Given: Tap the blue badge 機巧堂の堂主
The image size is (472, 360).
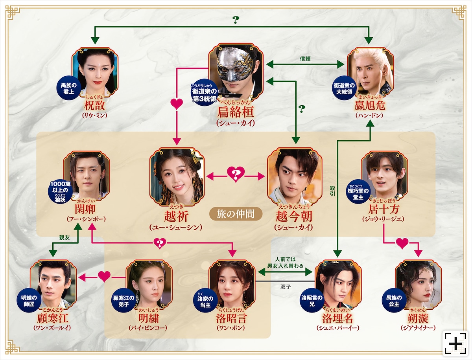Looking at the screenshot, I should [358, 192].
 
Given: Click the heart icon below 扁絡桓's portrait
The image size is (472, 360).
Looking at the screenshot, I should [177, 105].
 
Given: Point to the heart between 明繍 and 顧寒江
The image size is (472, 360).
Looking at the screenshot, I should [104, 277].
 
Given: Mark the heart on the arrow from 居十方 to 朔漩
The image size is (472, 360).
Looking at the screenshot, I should [402, 244].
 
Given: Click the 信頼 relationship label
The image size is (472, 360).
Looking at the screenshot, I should [305, 59].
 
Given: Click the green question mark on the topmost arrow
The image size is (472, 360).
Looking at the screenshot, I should [236, 19].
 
